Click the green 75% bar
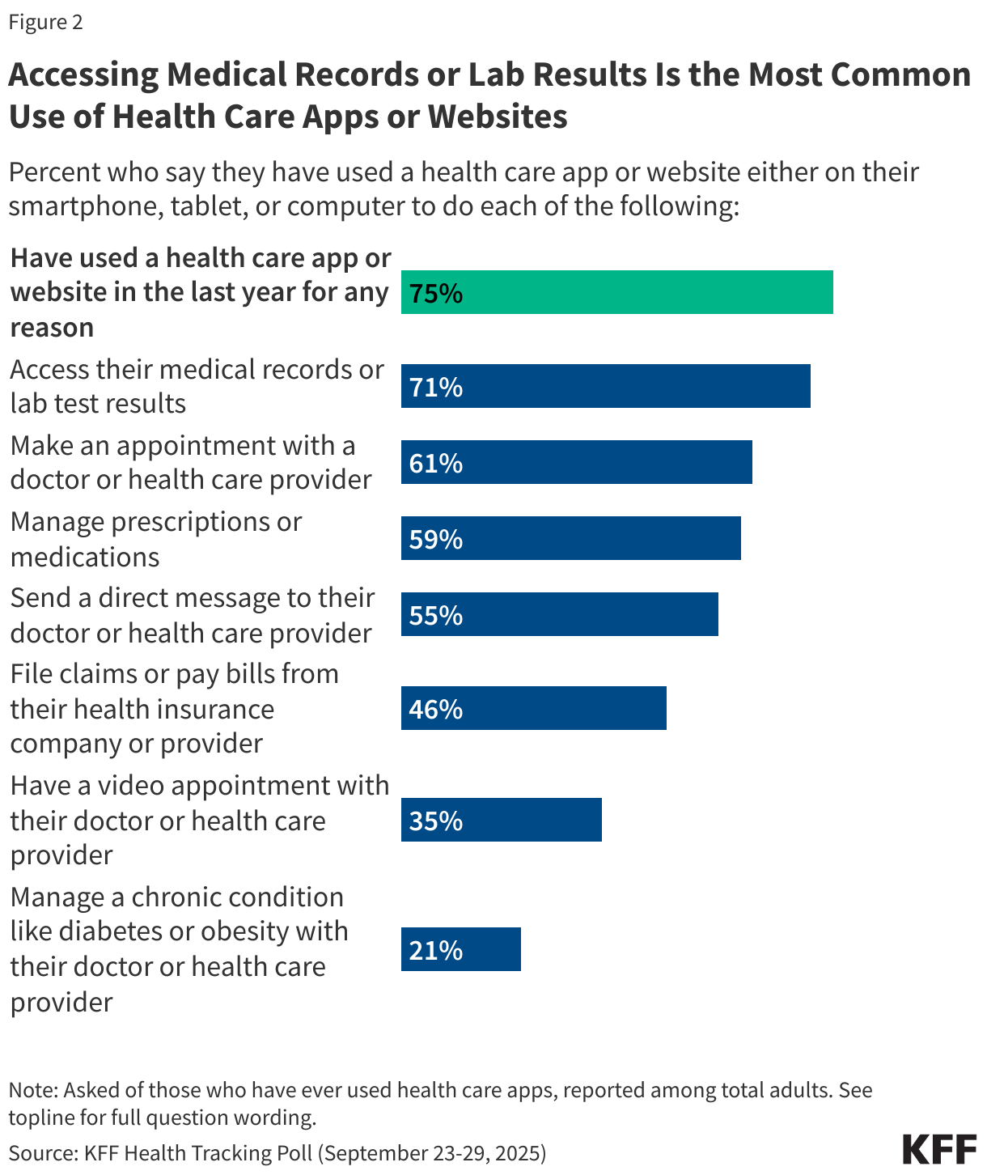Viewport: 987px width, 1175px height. pos(616,292)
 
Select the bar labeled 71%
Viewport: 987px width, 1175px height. pos(605,386)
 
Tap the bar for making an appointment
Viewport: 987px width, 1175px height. pos(576,462)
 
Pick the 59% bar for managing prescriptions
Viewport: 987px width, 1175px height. pos(570,538)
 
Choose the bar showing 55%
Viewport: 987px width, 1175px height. pos(559,614)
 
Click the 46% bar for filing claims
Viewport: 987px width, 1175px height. pos(533,708)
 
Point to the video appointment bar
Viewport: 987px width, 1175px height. pos(501,820)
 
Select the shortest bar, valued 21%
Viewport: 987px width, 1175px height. pos(460,949)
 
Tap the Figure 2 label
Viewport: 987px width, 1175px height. pos(46,22)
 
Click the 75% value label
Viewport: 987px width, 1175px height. pos(435,293)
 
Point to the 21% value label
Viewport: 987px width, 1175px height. pos(435,950)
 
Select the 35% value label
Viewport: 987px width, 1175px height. pos(435,821)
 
